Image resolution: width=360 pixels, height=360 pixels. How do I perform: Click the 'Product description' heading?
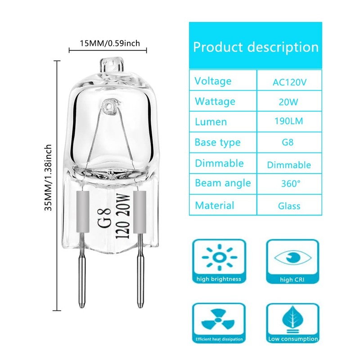point(256,47)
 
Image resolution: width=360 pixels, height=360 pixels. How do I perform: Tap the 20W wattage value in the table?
point(289,102)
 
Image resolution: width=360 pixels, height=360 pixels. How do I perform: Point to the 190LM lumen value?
point(289,122)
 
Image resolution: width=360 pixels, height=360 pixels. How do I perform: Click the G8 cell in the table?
point(289,143)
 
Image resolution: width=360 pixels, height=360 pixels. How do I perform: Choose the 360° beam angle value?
point(289,184)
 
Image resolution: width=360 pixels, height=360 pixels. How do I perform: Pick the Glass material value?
point(289,206)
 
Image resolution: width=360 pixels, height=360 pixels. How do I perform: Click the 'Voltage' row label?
point(213,81)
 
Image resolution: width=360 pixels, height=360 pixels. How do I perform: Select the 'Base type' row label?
point(217,143)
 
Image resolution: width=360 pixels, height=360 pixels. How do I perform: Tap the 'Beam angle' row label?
point(222,184)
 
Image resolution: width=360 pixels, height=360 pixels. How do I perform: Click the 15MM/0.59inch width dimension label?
point(110,44)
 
